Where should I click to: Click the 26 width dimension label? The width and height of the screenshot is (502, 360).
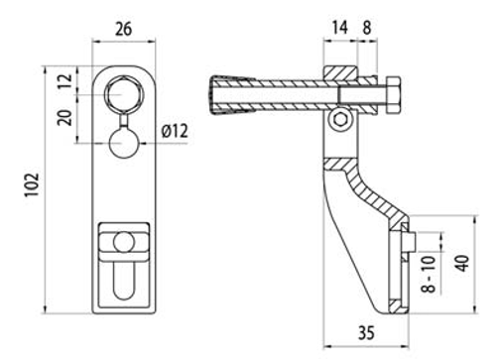123,29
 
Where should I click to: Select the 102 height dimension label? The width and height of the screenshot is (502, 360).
32,184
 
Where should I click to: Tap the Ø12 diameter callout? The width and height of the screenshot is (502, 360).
175,131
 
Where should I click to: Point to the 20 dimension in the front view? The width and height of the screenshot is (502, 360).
64,117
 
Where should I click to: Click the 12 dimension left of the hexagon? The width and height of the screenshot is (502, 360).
64,81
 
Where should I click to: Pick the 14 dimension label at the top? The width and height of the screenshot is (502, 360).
339,27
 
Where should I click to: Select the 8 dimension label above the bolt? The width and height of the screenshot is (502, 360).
367,28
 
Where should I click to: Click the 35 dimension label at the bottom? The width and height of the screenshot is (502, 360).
366,333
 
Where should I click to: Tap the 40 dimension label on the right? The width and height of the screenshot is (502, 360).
463,263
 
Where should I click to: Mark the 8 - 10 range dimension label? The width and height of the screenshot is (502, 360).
429,274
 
